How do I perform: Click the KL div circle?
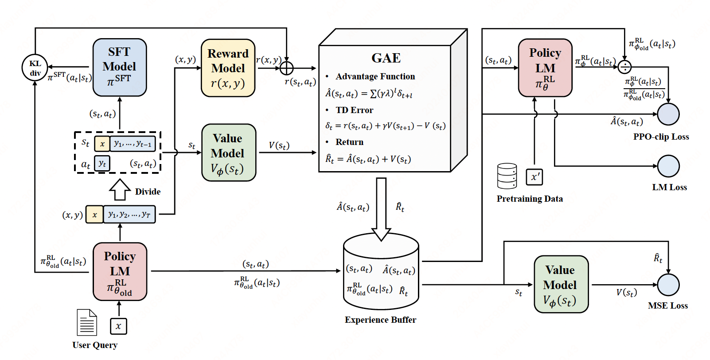[x=35, y=68]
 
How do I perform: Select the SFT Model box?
[x=120, y=67]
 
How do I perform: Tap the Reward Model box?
[x=228, y=68]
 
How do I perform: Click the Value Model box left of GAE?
[x=228, y=153]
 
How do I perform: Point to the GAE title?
[x=386, y=58]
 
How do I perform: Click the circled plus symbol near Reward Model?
[x=287, y=68]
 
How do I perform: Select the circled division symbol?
[x=624, y=67]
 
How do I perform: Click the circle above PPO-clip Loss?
[x=668, y=114]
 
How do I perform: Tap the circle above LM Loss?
[x=668, y=166]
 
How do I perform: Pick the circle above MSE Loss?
[x=668, y=285]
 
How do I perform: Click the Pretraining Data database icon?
[x=507, y=176]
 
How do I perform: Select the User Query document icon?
[x=87, y=322]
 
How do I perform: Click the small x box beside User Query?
[x=118, y=326]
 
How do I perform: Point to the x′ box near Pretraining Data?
[x=534, y=177]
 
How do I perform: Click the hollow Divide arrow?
[x=120, y=189]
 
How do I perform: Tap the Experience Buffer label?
[x=380, y=320]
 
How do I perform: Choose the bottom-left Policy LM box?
[x=120, y=271]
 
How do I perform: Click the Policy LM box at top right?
[x=545, y=68]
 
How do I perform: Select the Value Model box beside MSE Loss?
[x=561, y=284]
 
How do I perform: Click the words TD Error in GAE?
[x=354, y=110]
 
